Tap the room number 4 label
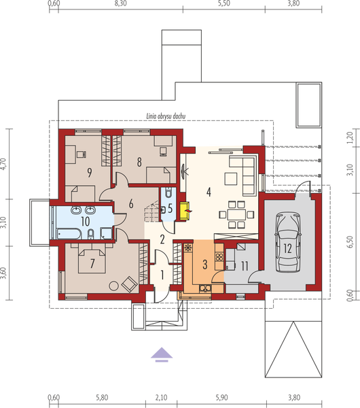tap(209, 191)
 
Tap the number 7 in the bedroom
tap(92, 262)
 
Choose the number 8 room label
tap(139, 162)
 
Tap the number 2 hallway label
tap(162, 239)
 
